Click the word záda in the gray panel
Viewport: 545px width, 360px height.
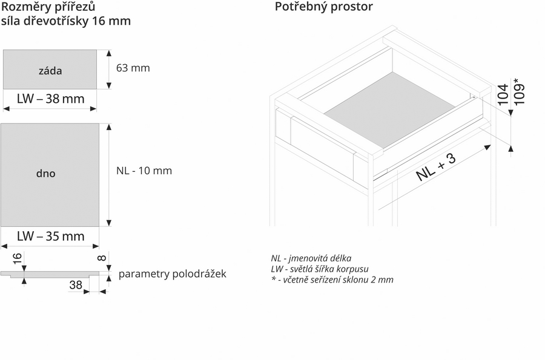tap(50, 71)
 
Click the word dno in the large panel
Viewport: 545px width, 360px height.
tap(45, 173)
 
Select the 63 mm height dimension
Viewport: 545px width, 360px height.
tap(133, 68)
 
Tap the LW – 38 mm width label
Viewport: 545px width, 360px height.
tap(51, 99)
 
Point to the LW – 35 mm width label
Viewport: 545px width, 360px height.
tap(51, 236)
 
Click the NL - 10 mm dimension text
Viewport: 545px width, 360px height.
tap(144, 171)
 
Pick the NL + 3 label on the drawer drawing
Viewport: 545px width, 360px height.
tap(436, 167)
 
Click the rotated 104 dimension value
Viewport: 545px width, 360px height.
tap(503, 94)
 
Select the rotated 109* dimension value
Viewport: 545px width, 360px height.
tap(518, 92)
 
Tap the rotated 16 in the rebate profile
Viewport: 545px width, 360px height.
tap(17, 258)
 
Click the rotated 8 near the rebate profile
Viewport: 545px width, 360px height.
tap(102, 258)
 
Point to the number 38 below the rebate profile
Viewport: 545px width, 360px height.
tap(76, 285)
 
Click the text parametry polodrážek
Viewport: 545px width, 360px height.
tap(173, 274)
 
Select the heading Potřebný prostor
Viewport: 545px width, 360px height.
tap(323, 7)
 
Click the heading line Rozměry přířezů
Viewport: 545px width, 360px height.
tap(48, 7)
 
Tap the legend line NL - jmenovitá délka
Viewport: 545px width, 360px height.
tap(311, 258)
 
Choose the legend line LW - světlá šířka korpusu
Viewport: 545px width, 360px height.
tap(320, 269)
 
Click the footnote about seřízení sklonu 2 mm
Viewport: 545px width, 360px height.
tap(332, 280)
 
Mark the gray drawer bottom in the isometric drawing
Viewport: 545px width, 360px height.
tap(389, 110)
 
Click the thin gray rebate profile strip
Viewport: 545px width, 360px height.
tap(50, 274)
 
